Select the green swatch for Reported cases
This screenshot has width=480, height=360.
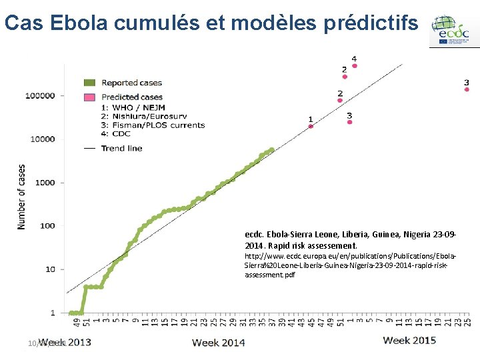[x=89, y=83]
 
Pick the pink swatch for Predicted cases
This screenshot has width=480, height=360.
[x=89, y=97]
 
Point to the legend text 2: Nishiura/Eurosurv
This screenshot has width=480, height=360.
[x=143, y=115]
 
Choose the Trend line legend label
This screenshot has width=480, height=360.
[x=122, y=148]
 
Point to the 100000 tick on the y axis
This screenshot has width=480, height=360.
[x=40, y=95]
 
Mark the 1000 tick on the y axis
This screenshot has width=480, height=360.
[x=45, y=182]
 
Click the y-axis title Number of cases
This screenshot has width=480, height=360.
[x=22, y=197]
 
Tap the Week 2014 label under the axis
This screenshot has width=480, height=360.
[x=219, y=343]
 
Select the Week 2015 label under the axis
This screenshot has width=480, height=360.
[x=409, y=341]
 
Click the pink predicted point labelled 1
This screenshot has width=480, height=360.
[x=311, y=126]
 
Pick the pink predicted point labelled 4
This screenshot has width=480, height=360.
[x=355, y=66]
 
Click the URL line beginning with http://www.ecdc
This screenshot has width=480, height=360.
[x=350, y=256]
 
